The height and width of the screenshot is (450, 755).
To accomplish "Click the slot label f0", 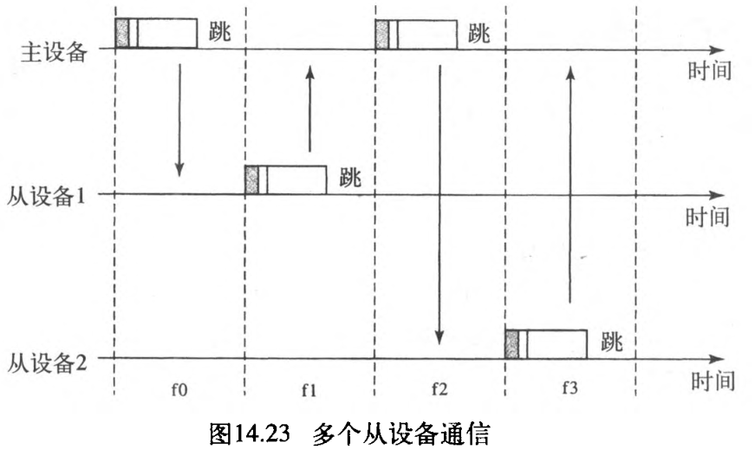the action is coord(179,388).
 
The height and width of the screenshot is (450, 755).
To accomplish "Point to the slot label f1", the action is coord(309,388).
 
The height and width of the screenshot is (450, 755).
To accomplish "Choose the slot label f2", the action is coord(439,388).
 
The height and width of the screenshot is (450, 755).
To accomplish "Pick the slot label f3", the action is coord(569,388).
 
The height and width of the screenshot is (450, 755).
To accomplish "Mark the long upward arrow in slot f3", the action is coord(570,186).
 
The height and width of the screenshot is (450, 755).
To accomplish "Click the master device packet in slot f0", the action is coord(156,32).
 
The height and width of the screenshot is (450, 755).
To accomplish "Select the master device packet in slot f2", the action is coord(416,33).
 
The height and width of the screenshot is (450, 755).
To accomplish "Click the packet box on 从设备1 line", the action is coord(286,179).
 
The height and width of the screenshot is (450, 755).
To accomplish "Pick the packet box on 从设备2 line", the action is coord(546,342).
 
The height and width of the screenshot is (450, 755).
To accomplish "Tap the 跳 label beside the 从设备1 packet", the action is coord(352,178).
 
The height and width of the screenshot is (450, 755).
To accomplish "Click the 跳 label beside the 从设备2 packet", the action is coord(612,341).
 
